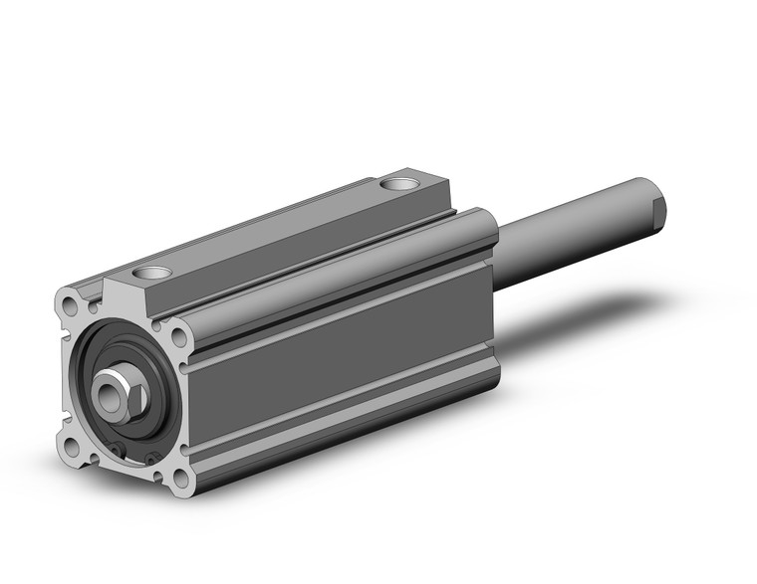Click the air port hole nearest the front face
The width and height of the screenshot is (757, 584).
[x=155, y=273]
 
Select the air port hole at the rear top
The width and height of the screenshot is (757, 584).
[x=400, y=185]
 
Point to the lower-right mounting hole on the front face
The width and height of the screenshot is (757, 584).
[x=179, y=480]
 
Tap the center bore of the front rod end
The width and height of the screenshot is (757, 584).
[x=105, y=381]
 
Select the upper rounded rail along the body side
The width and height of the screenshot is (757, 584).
[x=339, y=298]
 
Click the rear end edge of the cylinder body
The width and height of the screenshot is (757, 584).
[x=490, y=298]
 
